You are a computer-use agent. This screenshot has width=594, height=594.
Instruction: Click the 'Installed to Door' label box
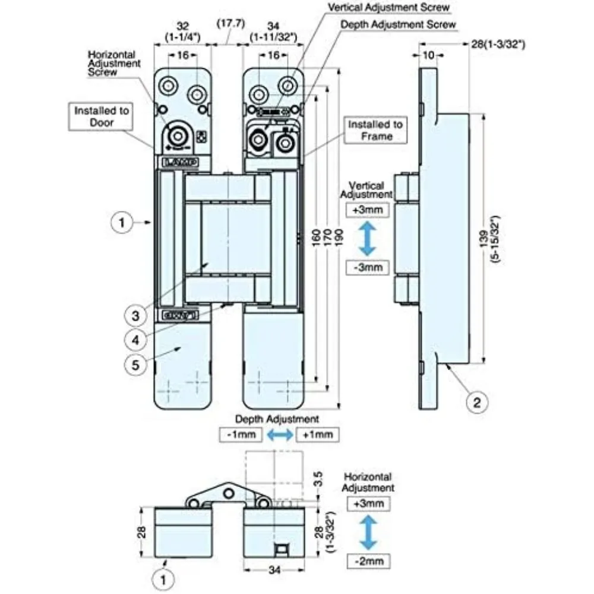point(101,116)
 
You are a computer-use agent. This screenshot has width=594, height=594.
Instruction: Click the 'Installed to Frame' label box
point(375,130)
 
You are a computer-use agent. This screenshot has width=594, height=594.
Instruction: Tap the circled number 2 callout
point(476,402)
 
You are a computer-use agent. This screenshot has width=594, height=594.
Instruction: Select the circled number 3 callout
point(135,315)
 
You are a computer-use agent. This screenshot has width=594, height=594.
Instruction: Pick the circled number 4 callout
point(135,340)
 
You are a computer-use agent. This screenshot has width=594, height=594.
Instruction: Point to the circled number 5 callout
point(135,365)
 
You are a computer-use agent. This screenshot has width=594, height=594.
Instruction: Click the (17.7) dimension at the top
point(230,24)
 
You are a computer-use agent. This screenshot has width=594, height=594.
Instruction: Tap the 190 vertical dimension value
point(339,238)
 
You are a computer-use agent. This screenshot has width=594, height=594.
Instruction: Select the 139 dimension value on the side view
point(485,239)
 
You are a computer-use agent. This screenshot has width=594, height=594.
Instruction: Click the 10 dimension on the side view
point(428,55)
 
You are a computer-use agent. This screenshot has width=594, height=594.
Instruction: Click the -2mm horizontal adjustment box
point(369,561)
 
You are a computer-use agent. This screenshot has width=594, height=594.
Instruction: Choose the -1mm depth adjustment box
point(241,435)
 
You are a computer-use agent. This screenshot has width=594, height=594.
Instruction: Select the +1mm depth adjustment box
point(317,435)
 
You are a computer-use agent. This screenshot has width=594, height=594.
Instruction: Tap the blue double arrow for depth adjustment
point(280,435)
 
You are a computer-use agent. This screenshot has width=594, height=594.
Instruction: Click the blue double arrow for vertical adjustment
point(368,239)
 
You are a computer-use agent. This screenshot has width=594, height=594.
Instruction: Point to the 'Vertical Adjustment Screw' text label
point(388,7)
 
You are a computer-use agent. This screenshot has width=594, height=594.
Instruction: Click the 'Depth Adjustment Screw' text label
point(398,24)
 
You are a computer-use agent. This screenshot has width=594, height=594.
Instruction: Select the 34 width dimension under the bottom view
point(274,570)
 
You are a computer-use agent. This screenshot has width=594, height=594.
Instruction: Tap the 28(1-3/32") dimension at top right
point(498,45)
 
